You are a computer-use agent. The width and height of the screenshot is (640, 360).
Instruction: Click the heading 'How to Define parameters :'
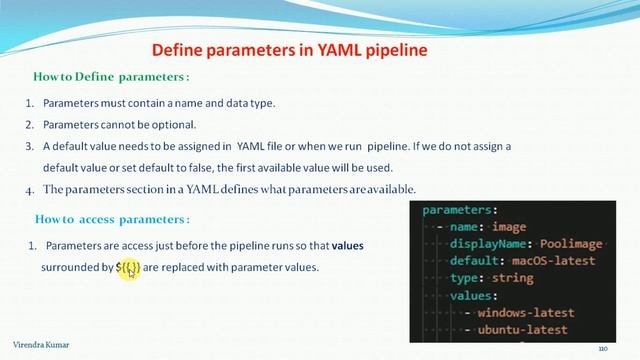(x=111, y=77)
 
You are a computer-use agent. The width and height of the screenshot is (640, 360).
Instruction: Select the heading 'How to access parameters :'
(x=111, y=219)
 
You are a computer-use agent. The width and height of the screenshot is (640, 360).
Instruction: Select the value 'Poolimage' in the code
(x=567, y=244)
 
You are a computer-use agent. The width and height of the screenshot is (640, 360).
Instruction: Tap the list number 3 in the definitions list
(x=29, y=146)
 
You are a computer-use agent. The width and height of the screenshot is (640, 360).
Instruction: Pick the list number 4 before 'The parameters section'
(x=29, y=190)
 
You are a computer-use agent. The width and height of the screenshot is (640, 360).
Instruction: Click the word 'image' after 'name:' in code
(x=538, y=227)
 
